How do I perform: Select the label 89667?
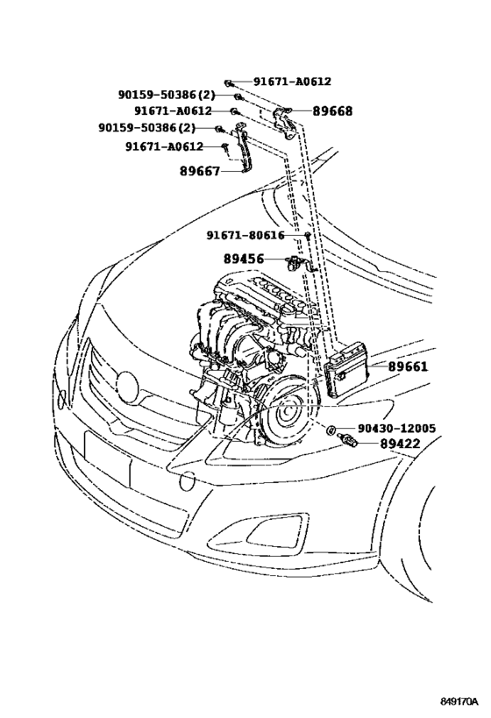click(x=200, y=171)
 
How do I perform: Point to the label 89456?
click(x=244, y=259)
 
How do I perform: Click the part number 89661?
click(x=408, y=366)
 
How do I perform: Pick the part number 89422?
click(x=399, y=444)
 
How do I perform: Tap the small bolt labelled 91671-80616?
click(x=309, y=236)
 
